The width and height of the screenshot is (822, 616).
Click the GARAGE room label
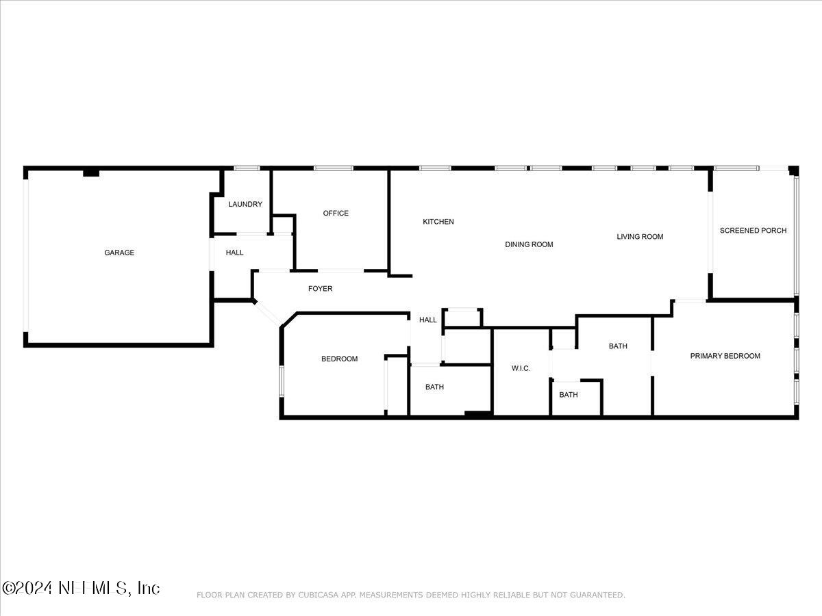tap(119, 253)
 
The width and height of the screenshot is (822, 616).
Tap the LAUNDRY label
tap(245, 204)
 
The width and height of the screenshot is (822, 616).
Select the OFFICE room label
tap(336, 213)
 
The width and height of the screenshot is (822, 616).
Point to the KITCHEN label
tap(438, 222)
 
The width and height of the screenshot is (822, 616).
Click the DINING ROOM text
tap(529, 244)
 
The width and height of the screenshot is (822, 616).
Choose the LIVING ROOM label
tap(640, 237)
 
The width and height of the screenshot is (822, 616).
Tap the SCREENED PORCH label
tap(753, 231)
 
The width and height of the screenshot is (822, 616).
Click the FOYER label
tap(320, 288)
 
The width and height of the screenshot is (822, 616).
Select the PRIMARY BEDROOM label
tap(725, 356)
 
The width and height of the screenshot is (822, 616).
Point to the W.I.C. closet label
tap(521, 368)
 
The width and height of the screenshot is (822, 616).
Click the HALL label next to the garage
tap(234, 253)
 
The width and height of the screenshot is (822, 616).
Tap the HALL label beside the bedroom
tap(427, 320)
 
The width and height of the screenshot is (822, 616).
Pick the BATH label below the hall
tap(434, 387)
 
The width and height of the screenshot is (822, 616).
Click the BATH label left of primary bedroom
tap(618, 346)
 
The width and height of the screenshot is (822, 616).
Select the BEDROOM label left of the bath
tap(339, 359)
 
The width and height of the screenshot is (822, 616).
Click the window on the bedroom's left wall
tap(282, 381)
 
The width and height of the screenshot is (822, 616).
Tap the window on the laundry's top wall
tap(247, 168)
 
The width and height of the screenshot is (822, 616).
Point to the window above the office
tap(334, 168)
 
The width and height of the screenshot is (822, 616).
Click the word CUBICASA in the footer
tap(314, 595)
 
